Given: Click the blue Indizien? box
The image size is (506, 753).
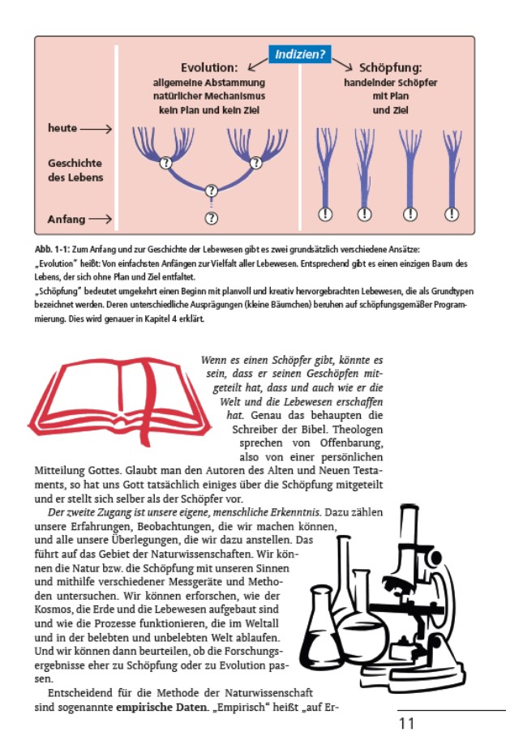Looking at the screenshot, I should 299,55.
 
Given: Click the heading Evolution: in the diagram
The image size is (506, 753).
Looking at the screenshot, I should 208,68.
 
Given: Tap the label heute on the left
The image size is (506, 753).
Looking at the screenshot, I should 62,129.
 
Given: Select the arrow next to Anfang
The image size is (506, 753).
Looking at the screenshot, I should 101,219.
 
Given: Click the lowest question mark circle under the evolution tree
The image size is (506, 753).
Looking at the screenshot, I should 212,218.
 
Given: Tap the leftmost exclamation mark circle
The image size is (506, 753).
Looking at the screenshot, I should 325,214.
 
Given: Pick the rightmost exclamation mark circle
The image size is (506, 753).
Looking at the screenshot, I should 452,214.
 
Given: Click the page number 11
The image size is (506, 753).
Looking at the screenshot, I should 406,724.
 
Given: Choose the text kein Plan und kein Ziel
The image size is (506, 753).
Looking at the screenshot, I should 208,109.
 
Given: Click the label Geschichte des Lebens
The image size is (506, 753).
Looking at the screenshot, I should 75,170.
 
